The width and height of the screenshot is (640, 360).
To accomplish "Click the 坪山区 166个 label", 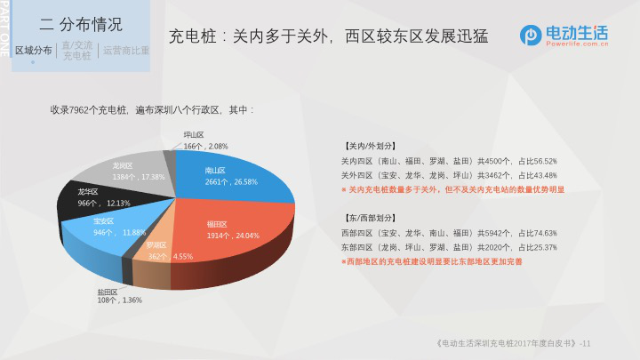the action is coord(205,140).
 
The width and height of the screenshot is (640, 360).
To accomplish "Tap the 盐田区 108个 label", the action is coord(120,296).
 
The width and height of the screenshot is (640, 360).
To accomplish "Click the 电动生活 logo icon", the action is coord(531,36).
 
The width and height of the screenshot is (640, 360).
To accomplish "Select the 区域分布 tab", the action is coord(34,51).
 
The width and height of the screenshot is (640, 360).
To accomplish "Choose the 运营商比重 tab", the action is coord(126,51).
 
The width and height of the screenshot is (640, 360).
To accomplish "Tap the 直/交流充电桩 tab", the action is coord(77,51).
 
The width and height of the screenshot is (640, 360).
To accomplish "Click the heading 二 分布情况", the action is coord(81,25).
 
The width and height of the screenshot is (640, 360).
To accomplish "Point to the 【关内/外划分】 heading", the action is coord(371,146).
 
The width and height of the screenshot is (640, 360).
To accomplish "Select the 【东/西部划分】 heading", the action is coord(371,218).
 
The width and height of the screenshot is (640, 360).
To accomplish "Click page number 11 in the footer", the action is coord(587,344).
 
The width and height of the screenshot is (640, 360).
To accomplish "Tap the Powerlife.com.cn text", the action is coord(577,44).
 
